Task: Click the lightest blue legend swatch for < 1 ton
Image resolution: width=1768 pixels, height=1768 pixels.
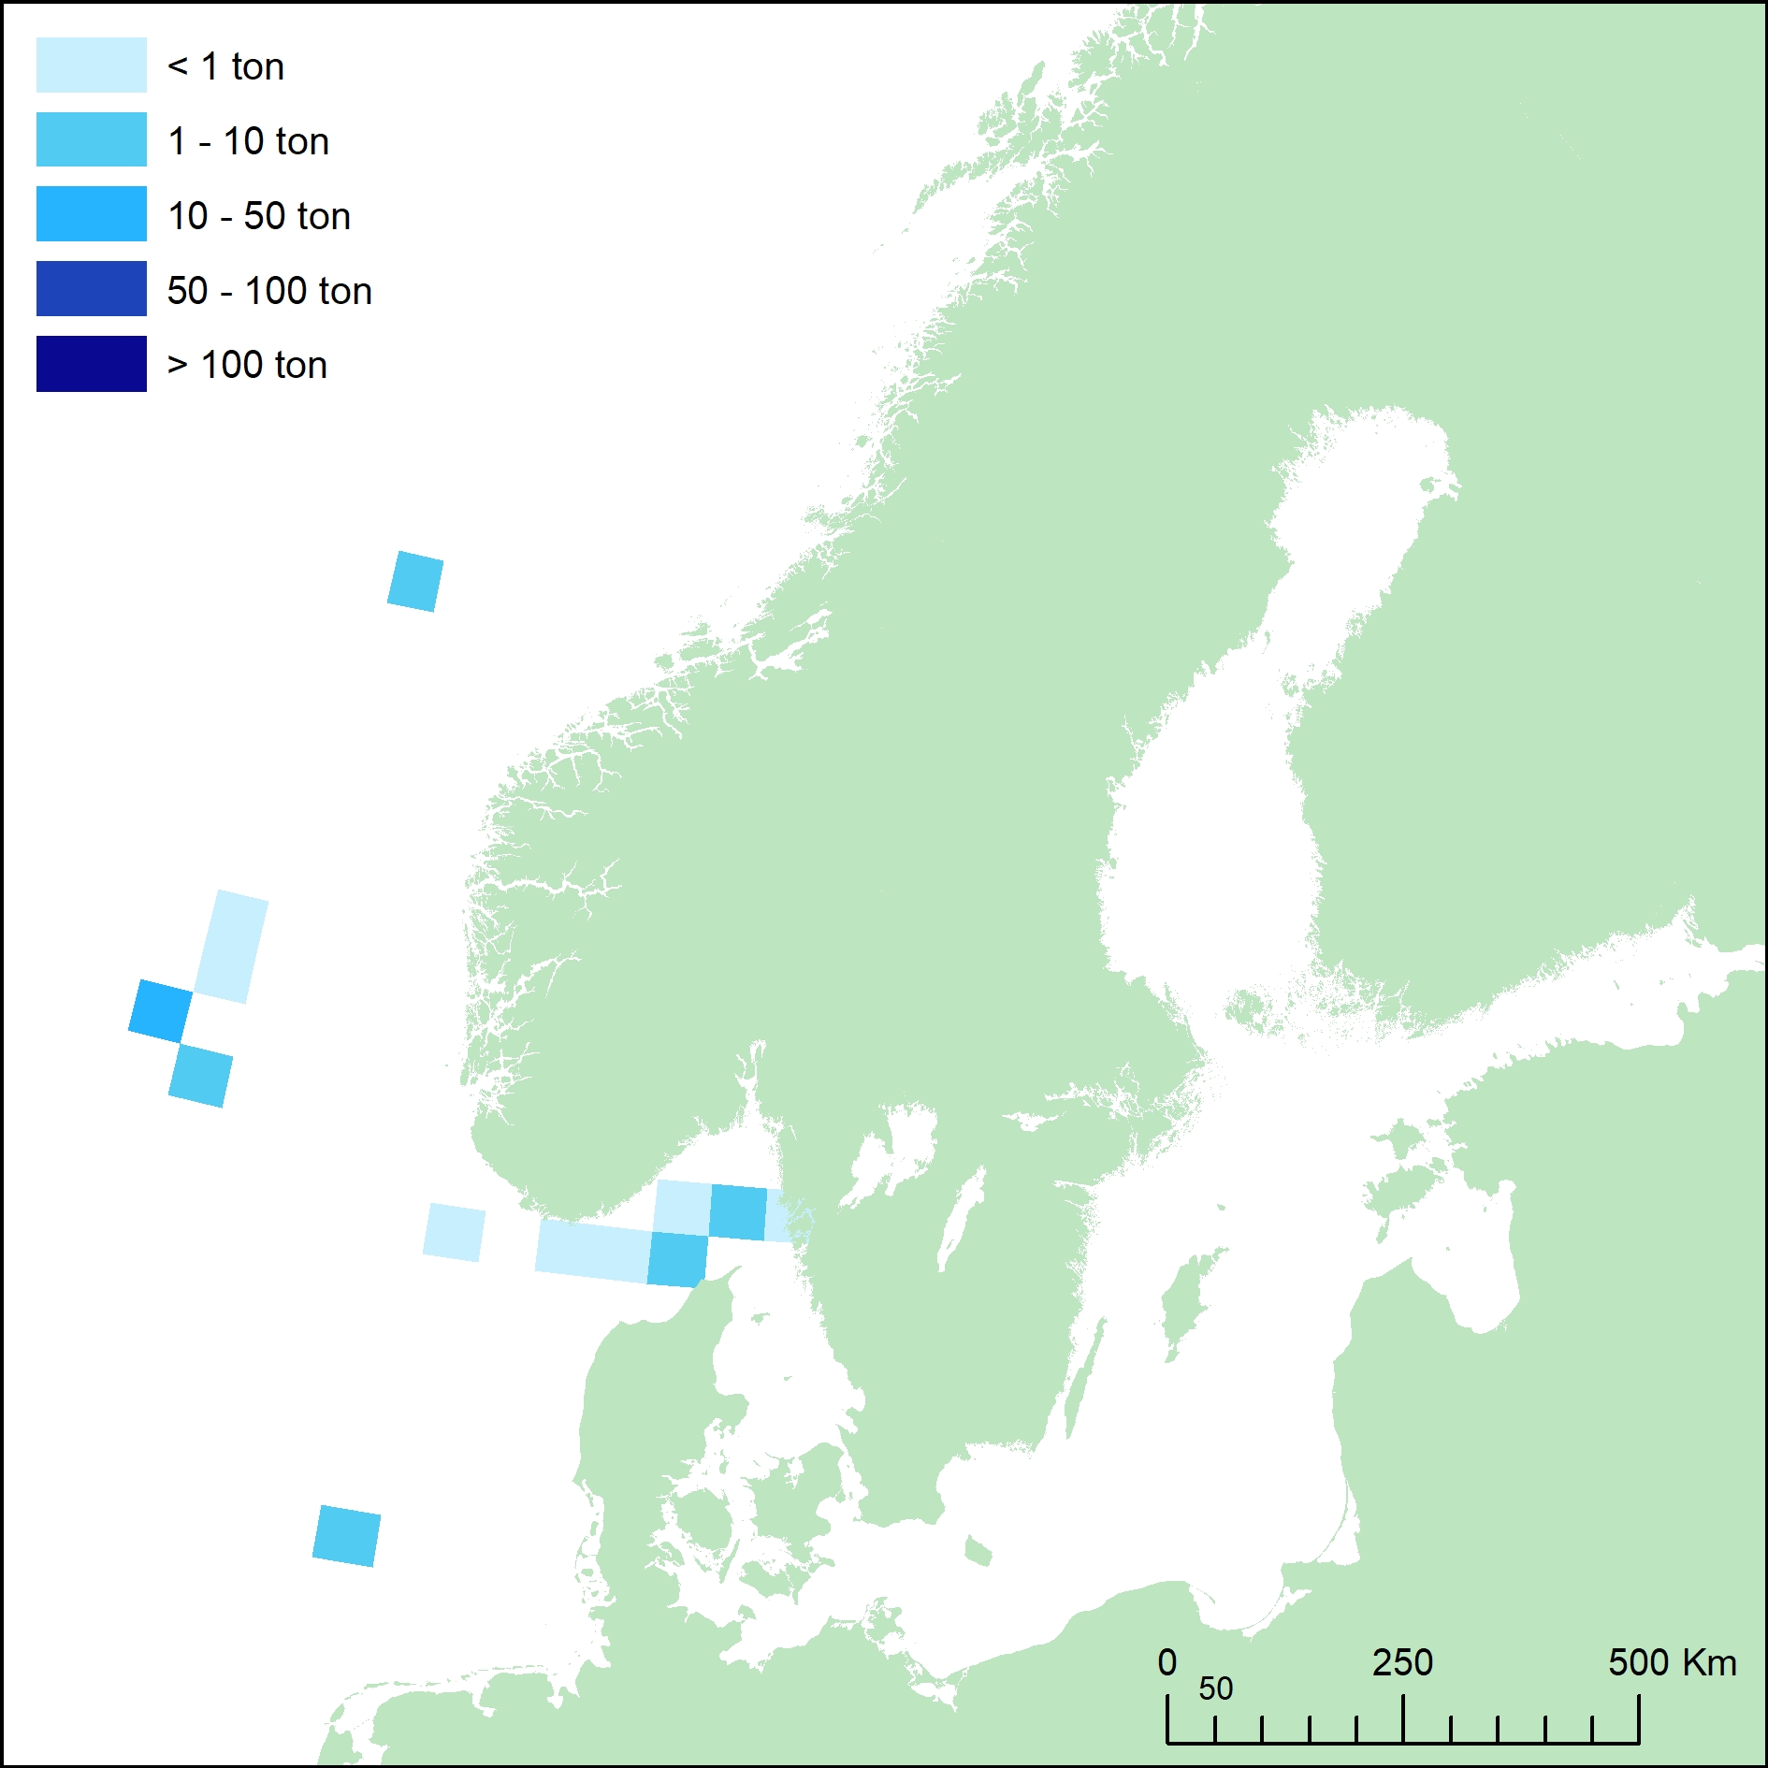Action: (91, 65)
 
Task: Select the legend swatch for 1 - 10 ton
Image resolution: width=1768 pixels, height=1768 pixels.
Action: (91, 139)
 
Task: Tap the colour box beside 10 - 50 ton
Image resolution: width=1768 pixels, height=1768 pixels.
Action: (91, 214)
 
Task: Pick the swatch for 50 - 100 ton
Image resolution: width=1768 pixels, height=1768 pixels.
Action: (91, 289)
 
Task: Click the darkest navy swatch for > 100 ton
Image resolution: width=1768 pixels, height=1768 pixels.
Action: (91, 364)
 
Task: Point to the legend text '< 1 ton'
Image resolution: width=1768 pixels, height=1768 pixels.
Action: (225, 66)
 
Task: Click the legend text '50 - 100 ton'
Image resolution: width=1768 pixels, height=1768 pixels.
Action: (269, 291)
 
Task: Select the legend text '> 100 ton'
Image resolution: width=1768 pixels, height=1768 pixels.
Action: (247, 365)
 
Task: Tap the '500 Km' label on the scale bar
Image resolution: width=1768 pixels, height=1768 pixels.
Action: (1672, 1663)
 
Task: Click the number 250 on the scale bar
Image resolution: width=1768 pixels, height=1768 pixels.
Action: (1402, 1663)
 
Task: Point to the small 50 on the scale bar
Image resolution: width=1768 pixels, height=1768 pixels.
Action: (1215, 1689)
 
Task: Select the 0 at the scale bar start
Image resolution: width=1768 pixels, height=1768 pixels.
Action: (1167, 1663)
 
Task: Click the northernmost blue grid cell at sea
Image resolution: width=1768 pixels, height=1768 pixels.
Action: (415, 582)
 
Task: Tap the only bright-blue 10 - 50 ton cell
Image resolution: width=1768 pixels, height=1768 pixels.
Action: (160, 1010)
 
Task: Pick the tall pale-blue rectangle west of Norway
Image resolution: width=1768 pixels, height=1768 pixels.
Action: (231, 947)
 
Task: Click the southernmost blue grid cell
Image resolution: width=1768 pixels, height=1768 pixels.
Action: (346, 1536)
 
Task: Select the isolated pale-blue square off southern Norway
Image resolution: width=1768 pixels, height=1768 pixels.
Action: (454, 1233)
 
